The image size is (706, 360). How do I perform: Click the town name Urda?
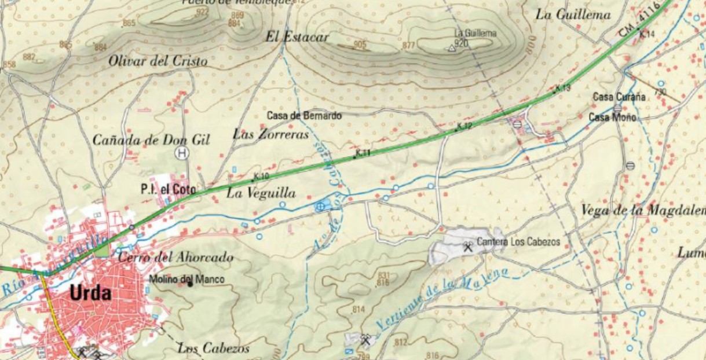pyautogui.click(x=90, y=293)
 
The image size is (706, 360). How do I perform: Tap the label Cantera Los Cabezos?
pyautogui.click(x=518, y=242)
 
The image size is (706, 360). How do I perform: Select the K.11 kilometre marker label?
pyautogui.click(x=363, y=153)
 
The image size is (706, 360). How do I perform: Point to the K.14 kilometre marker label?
pyautogui.click(x=647, y=34)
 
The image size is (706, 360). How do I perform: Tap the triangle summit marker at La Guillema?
pyautogui.click(x=452, y=49)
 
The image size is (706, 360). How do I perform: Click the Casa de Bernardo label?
pyautogui.click(x=304, y=116)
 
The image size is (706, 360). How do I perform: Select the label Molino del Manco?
pyautogui.click(x=186, y=280)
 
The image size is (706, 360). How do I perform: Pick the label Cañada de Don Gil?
pyautogui.click(x=151, y=139)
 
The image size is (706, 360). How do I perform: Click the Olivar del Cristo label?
pyautogui.click(x=158, y=61)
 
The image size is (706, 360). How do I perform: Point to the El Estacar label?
pyautogui.click(x=297, y=37)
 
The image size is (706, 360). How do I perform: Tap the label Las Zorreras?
pyautogui.click(x=271, y=134)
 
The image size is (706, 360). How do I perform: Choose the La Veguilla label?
pyautogui.click(x=261, y=193)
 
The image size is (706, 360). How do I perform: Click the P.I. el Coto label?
pyautogui.click(x=168, y=189)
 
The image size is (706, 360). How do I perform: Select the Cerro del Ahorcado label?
pyautogui.click(x=175, y=257)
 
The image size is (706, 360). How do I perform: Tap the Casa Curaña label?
pyautogui.click(x=619, y=97)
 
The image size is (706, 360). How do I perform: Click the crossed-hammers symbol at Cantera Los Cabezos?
pyautogui.click(x=468, y=247)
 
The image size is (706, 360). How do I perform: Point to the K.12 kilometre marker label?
pyautogui.click(x=464, y=126)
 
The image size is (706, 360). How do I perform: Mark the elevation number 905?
pyautogui.click(x=360, y=45)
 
